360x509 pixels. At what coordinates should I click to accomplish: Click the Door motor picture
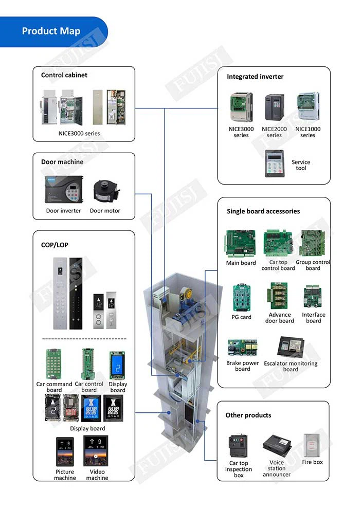point(106,192)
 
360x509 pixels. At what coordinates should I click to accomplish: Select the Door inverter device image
point(64,190)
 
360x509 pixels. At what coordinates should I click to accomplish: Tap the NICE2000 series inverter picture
point(274,107)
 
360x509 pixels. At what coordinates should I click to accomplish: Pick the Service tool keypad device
point(275,163)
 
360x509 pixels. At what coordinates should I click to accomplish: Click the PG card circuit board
point(241,298)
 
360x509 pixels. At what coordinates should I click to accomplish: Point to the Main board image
point(241,244)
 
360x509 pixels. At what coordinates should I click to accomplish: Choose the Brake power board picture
point(243,348)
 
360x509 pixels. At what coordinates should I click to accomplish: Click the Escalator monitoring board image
point(291,348)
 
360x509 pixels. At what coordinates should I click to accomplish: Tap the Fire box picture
point(312,445)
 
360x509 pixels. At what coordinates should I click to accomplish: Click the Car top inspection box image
point(238,446)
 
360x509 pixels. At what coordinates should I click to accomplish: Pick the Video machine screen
point(96,451)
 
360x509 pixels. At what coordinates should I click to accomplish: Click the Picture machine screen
point(65,451)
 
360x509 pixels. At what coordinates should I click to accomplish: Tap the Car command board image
point(53,363)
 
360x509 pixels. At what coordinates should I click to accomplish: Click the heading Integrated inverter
point(255,77)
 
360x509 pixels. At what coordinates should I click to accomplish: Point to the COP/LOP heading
point(55,245)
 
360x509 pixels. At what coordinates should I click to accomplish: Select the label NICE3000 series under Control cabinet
point(79,133)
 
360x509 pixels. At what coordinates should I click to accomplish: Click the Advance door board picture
point(278,296)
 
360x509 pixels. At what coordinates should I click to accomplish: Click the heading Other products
point(248,415)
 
